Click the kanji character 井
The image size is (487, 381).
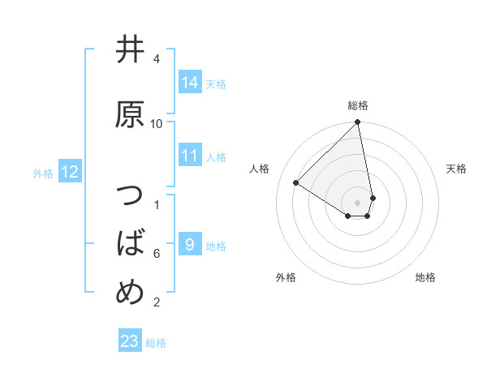click(130, 50)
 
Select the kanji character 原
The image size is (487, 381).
click(130, 114)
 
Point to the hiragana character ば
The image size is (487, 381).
click(130, 242)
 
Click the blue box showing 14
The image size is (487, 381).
click(190, 82)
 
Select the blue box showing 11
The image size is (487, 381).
click(190, 156)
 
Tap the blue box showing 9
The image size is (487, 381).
click(190, 245)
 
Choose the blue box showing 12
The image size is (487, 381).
click(70, 172)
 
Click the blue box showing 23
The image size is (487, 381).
click(130, 341)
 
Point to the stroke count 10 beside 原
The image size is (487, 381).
click(157, 124)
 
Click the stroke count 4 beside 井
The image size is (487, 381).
click(157, 59)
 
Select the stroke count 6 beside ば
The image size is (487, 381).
click(157, 253)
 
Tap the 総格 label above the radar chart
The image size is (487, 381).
click(358, 105)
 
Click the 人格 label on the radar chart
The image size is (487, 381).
click(260, 169)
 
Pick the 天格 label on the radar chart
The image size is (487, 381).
click(457, 169)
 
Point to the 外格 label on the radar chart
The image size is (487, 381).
click(286, 277)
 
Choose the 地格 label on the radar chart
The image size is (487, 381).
click(425, 277)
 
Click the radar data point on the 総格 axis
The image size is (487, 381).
click(358, 123)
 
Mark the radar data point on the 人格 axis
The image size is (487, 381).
click(296, 183)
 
